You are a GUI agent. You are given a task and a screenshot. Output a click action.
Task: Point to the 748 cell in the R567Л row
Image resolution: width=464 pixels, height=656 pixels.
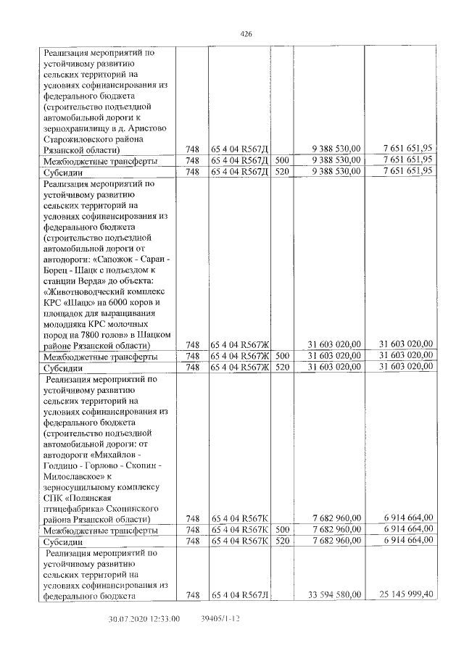(192, 595)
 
